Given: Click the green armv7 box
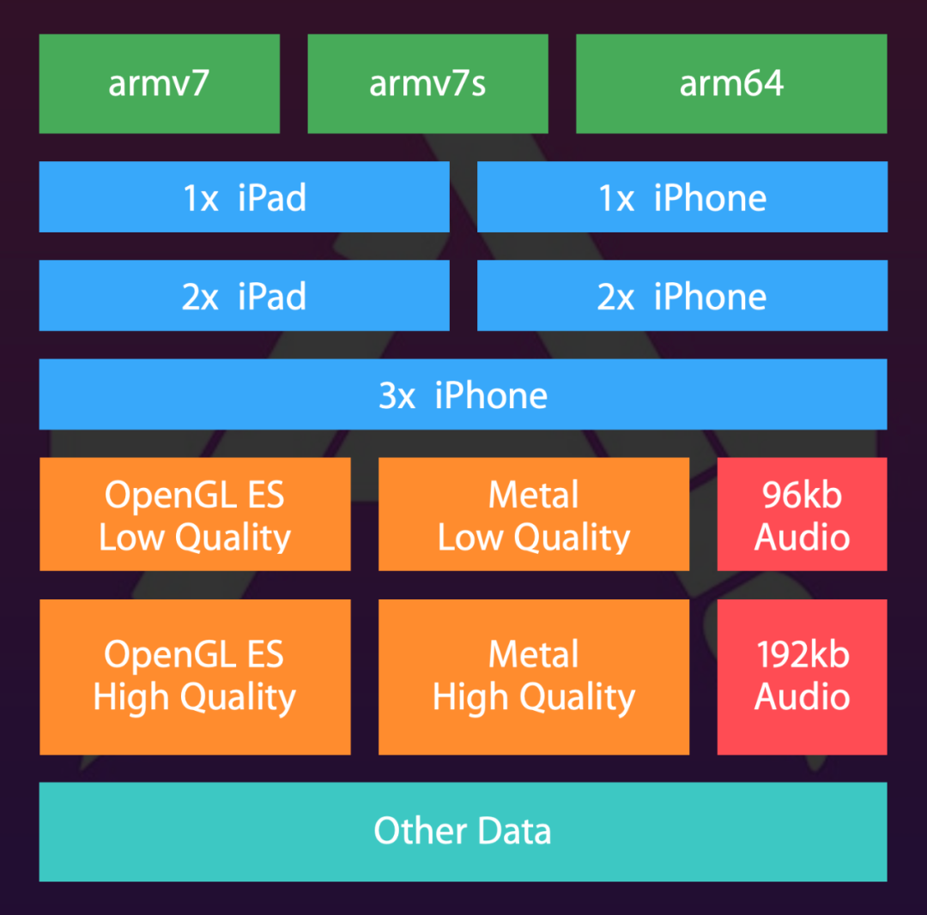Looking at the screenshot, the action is (160, 84).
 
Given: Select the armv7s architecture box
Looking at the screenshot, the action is (427, 84).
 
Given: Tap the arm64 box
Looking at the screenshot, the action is (731, 84).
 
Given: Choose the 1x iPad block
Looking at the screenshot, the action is (244, 197).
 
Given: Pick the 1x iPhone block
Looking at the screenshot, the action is (682, 197).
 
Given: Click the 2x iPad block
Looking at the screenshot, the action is (244, 296).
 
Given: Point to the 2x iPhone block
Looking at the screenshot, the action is (682, 296).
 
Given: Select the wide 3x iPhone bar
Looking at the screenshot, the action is (463, 394).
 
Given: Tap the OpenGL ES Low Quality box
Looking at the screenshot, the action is (195, 515).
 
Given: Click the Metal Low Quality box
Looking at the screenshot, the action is (534, 515).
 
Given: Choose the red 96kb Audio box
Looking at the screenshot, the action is (802, 515).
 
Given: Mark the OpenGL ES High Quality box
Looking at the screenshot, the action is (195, 677).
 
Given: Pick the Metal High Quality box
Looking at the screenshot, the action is (534, 677).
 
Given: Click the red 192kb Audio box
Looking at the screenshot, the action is (802, 677).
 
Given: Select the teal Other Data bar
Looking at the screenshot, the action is (463, 831).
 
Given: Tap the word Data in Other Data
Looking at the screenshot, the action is (514, 831).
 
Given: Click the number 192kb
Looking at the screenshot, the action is (803, 655).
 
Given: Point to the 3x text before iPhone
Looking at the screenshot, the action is (397, 395).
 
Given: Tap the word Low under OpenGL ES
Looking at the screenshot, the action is (131, 538).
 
